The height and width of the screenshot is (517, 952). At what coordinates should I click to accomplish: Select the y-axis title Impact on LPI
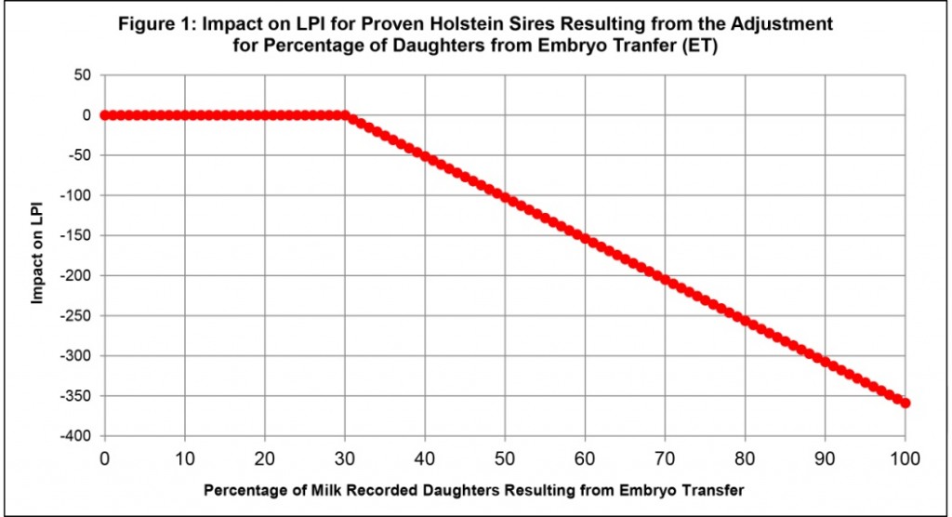pos(38,253)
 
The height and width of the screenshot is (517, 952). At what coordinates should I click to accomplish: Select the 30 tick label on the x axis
pos(345,457)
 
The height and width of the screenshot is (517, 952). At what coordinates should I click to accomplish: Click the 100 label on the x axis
pos(905,457)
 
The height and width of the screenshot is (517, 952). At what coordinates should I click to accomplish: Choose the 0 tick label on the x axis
pos(104,457)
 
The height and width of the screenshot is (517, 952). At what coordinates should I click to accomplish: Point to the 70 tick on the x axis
pos(665,457)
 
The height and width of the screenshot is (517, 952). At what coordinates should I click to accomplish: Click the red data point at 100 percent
pos(906,404)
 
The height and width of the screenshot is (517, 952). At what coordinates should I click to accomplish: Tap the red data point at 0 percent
pos(104,115)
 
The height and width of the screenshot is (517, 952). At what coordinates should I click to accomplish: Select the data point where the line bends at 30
pos(345,115)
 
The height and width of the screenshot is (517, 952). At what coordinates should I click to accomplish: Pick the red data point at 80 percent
pos(745,321)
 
